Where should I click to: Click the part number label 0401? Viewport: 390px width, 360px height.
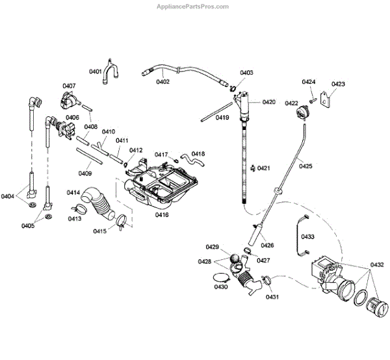pyautogui.click(x=96, y=71)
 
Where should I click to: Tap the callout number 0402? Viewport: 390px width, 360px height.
pyautogui.click(x=162, y=82)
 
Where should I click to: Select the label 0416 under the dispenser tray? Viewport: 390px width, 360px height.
pyautogui.click(x=162, y=214)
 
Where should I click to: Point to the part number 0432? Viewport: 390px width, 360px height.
pyautogui.click(x=378, y=265)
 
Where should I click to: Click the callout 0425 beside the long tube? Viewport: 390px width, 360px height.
pyautogui.click(x=305, y=166)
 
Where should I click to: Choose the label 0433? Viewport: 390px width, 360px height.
pyautogui.click(x=307, y=237)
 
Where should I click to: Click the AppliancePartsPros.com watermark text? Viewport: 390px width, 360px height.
pyautogui.click(x=194, y=6)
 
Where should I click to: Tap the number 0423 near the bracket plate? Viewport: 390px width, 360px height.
pyautogui.click(x=338, y=84)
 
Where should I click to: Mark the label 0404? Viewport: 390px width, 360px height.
pyautogui.click(x=8, y=196)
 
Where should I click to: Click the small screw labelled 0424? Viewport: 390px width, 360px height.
pyautogui.click(x=313, y=100)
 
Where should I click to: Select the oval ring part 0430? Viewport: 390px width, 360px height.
pyautogui.click(x=219, y=277)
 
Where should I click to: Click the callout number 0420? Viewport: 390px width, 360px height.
pyautogui.click(x=269, y=102)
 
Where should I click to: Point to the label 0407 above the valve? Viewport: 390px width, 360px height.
pyautogui.click(x=70, y=86)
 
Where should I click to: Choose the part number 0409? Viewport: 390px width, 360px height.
pyautogui.click(x=84, y=173)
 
